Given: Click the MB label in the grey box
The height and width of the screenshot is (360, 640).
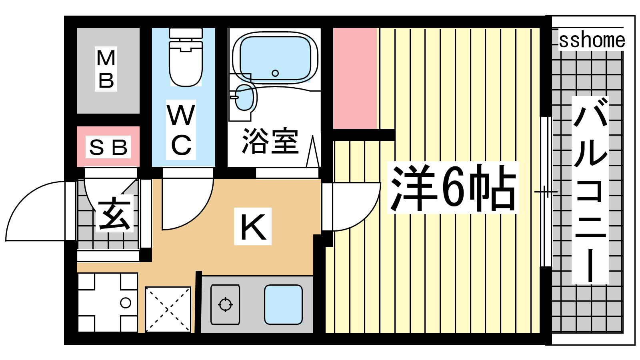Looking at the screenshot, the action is (x=106, y=69).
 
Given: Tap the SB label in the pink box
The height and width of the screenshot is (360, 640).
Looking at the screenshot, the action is (x=108, y=147).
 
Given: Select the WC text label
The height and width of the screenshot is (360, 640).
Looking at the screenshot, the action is (x=181, y=130).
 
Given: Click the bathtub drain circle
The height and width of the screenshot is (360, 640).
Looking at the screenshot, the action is (x=275, y=73).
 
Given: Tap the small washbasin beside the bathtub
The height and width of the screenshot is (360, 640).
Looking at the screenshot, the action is (x=244, y=97).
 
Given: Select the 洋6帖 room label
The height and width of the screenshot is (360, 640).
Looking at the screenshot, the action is (x=452, y=188).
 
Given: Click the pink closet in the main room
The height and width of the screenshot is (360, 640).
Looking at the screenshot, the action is (x=355, y=78).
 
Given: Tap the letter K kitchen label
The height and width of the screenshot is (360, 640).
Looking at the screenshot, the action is (x=253, y=226).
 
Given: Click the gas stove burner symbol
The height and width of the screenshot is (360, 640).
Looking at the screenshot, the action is (x=225, y=304).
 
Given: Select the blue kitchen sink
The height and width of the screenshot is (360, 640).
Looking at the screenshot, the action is (x=283, y=304).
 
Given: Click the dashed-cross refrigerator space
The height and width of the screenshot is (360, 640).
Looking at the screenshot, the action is (x=168, y=310).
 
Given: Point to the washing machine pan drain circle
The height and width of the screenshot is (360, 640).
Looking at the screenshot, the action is (x=126, y=302).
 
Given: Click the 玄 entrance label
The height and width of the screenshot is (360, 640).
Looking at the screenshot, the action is (x=114, y=213).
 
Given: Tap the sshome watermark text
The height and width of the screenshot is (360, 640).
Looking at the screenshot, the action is (x=592, y=40).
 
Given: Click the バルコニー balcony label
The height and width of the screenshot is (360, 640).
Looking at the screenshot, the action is (x=590, y=190).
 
